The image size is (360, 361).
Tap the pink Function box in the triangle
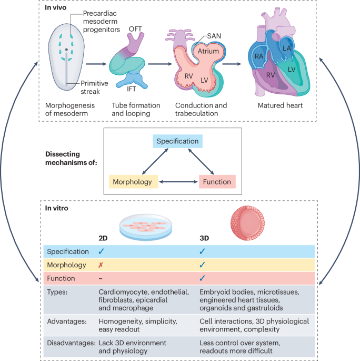coord(216,182)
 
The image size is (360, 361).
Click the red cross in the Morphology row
coord(101,265)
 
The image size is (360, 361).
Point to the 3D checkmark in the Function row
coord(202,278)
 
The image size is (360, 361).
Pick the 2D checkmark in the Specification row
coord(101,252)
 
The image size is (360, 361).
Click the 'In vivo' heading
coord(54,8)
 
